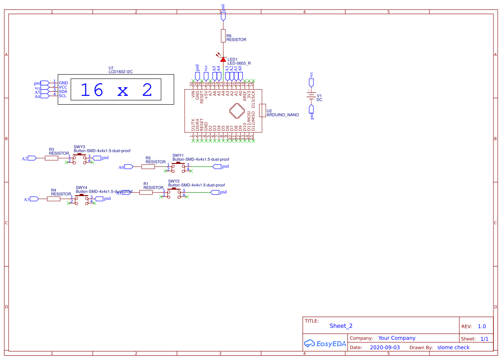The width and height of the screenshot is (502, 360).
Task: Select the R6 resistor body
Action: click(223, 36)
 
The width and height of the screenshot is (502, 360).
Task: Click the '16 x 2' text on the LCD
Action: click(116, 90)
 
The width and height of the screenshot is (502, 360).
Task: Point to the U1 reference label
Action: click(111, 68)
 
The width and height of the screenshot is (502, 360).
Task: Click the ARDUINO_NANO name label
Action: click(283, 115)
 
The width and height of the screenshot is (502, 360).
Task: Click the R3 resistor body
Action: click(52, 158)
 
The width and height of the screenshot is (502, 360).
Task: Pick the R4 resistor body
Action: click(54, 199)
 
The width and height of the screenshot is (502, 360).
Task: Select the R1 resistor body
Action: click(146, 192)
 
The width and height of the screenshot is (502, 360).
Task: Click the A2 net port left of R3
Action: click(33, 158)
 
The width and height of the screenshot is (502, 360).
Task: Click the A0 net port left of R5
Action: click(129, 166)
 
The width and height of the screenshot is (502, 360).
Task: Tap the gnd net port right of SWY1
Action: click(217, 166)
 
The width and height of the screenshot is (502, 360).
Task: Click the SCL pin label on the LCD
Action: click(63, 96)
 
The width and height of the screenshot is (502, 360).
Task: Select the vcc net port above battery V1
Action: click(311, 82)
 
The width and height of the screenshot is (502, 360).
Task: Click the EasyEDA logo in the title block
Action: click(325, 343)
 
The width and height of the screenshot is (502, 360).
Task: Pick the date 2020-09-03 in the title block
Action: click(385, 348)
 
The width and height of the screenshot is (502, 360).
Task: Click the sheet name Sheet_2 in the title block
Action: click(341, 326)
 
